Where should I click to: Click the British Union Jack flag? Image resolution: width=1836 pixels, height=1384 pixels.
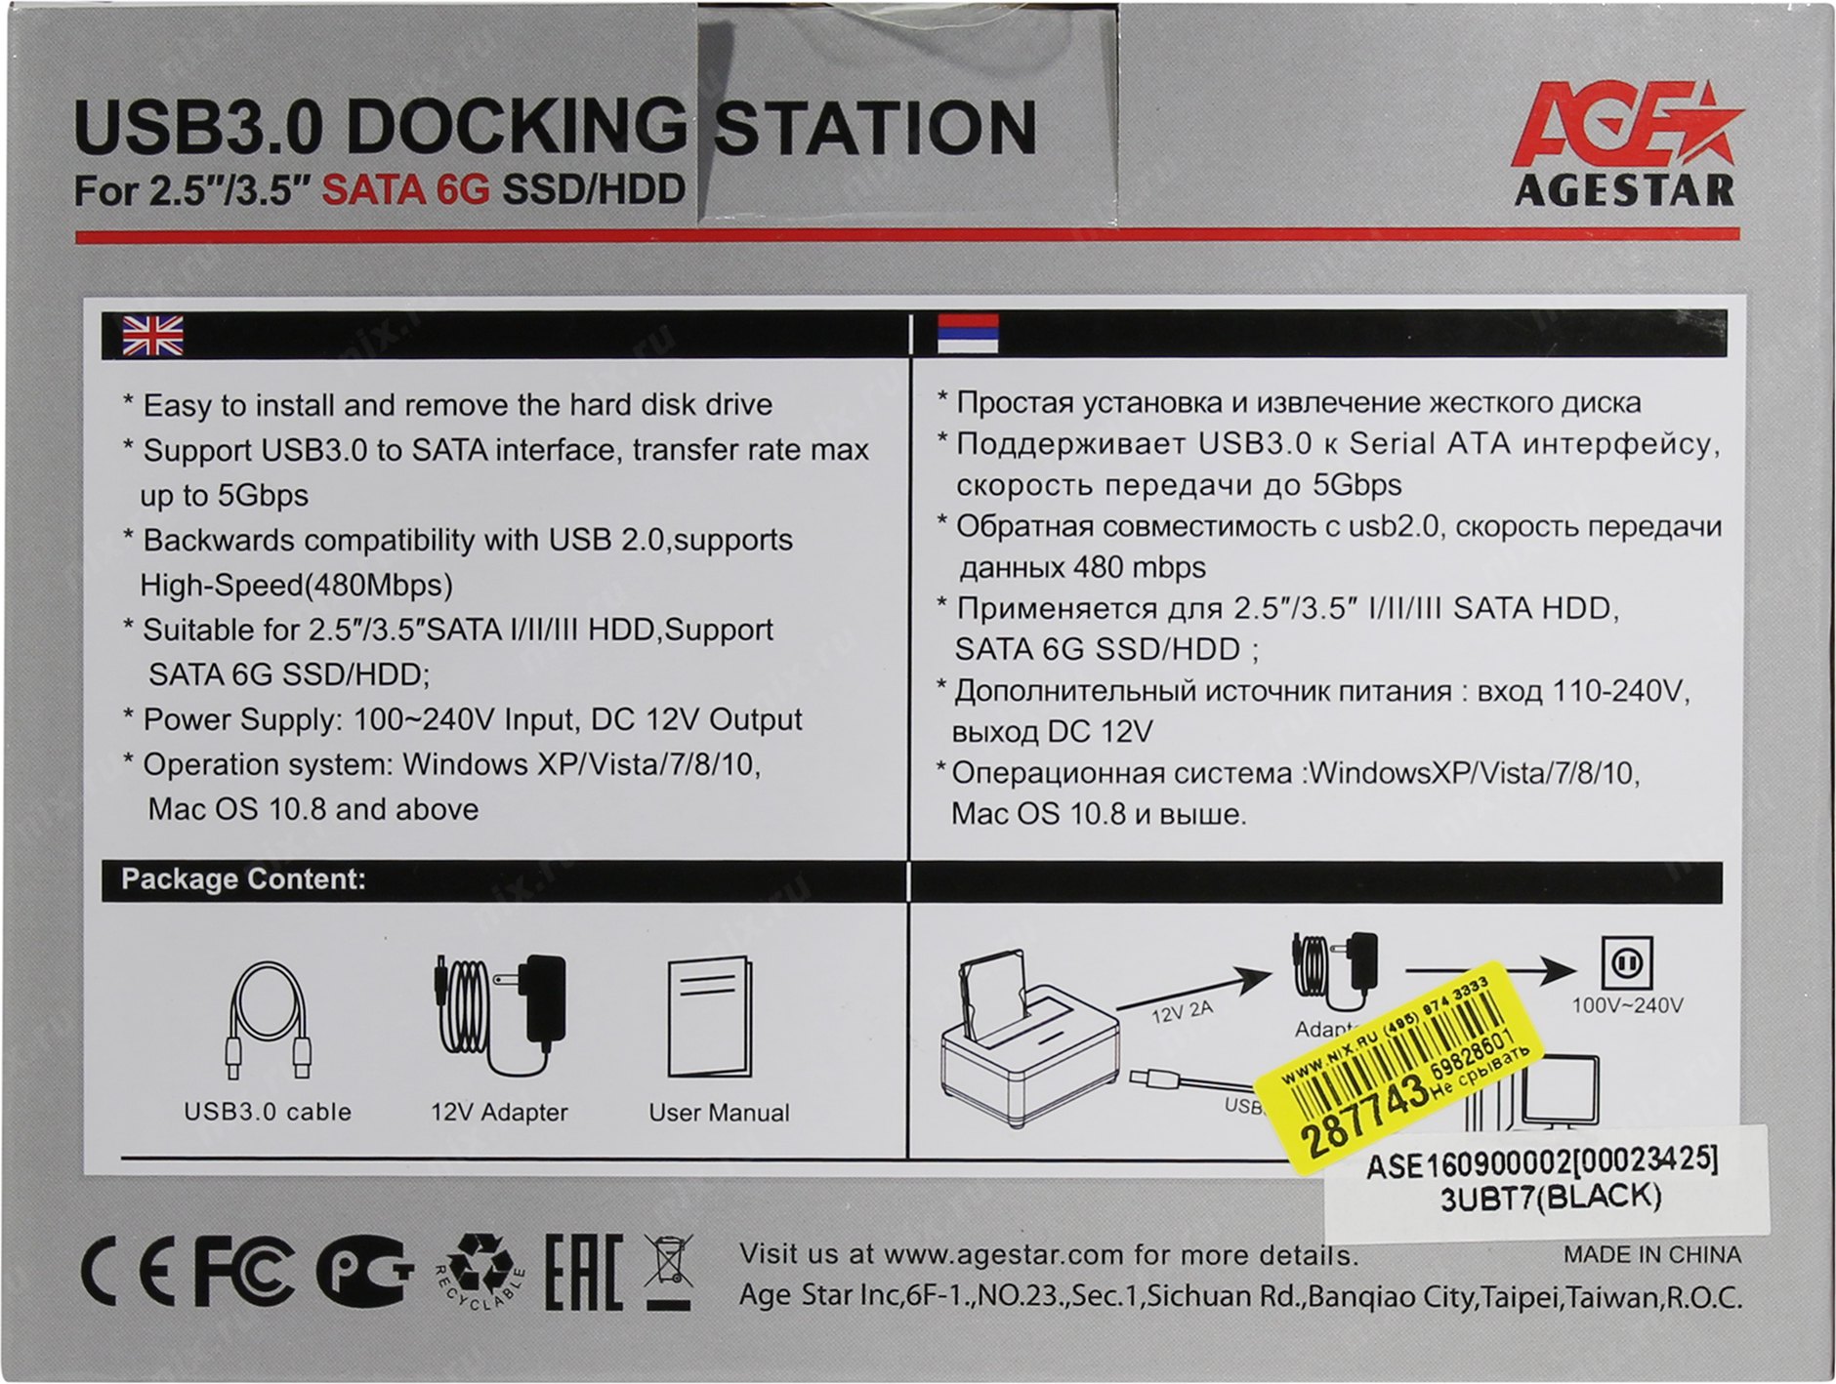tap(152, 336)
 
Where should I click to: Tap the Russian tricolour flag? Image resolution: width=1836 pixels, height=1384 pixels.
tap(967, 334)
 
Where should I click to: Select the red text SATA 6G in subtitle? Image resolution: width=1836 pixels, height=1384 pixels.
tap(405, 188)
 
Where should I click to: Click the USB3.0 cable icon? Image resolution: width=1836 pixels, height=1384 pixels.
tap(268, 1021)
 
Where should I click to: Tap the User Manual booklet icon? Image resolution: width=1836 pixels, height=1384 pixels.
tap(709, 1015)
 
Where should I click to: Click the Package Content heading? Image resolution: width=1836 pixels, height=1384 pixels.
tap(243, 879)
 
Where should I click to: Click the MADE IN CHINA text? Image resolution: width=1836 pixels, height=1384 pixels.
tap(1652, 1254)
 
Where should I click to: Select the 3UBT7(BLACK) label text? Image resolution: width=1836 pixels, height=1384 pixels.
tap(1551, 1197)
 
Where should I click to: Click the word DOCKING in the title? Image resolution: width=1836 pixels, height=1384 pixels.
tap(518, 127)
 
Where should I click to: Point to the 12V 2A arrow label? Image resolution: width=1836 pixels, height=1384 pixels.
tap(1182, 1012)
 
